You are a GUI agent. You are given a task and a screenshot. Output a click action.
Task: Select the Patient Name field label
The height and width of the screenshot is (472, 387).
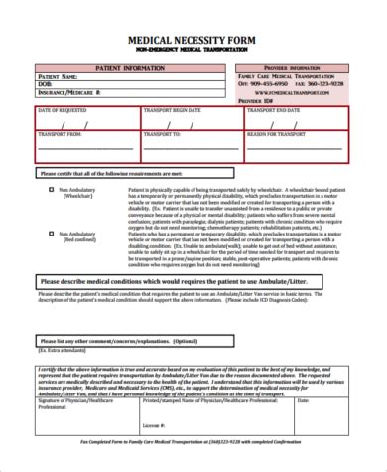click(57, 76)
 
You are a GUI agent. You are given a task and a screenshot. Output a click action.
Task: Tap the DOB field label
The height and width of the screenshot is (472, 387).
click(44, 83)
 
